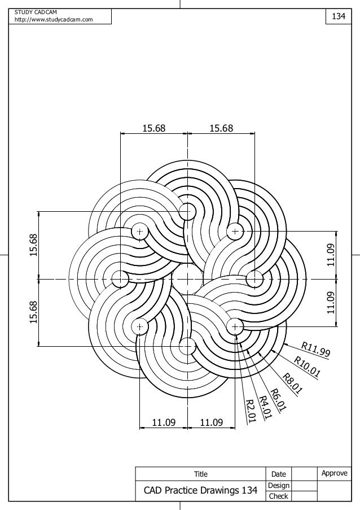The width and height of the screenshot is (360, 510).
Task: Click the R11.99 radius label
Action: point(315,350)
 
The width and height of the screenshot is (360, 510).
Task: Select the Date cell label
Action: point(279,474)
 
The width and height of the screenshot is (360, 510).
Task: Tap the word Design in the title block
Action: point(279,486)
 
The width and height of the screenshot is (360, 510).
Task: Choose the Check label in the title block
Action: point(279,496)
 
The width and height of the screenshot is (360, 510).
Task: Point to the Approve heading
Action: point(334,473)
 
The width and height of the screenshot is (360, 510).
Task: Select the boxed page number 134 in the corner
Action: point(338,17)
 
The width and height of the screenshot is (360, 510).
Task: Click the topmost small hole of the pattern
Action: point(187,212)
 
